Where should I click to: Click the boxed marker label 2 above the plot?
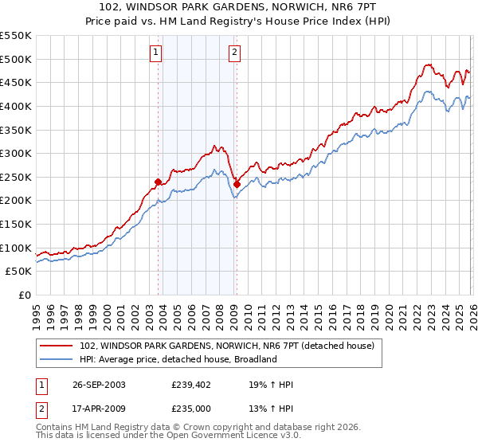tap(236, 53)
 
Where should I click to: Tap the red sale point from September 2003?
tap(159, 182)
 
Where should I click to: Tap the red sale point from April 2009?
tap(237, 184)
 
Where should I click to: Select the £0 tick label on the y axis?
tap(24, 295)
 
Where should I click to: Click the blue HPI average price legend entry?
tap(178, 359)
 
